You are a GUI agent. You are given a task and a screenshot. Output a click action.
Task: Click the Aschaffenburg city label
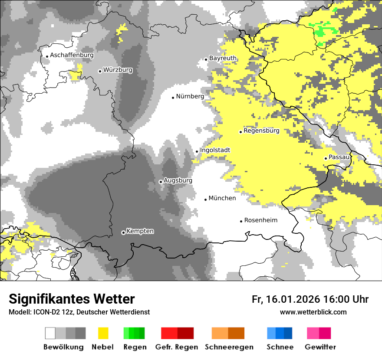(x=72, y=55)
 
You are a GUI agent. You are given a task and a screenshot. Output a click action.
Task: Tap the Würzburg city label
(x=118, y=70)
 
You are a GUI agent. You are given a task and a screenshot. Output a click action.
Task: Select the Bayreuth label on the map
(x=223, y=58)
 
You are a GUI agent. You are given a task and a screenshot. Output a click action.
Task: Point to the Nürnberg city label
(x=190, y=96)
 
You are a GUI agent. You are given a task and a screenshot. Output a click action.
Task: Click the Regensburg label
(x=261, y=131)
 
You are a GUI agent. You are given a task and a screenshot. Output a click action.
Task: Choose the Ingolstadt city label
(x=215, y=150)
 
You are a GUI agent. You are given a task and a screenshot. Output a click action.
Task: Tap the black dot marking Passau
(x=326, y=158)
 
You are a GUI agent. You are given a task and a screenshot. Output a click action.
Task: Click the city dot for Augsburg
(x=161, y=182)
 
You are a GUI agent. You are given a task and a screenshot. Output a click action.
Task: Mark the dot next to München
(x=206, y=200)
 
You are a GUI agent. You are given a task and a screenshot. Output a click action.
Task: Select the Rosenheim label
(x=260, y=220)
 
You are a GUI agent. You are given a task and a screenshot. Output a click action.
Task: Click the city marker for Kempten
(x=123, y=232)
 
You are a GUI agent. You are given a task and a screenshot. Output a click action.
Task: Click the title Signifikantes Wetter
(x=72, y=299)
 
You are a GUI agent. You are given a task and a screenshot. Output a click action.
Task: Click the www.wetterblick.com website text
(x=313, y=312)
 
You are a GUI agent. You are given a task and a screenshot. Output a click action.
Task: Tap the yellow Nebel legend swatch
(x=103, y=333)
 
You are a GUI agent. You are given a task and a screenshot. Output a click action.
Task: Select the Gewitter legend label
(x=320, y=347)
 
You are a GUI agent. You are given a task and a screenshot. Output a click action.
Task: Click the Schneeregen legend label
(x=229, y=347)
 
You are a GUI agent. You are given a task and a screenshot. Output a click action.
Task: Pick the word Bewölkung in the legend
(x=63, y=347)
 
